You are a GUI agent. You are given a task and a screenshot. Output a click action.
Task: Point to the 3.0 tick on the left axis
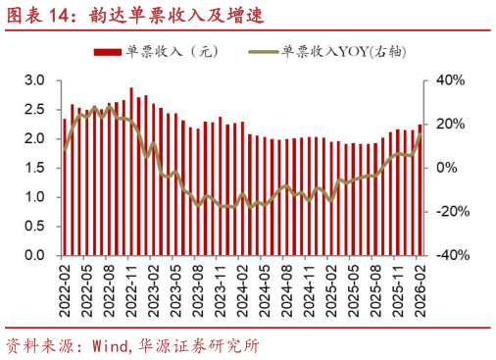click(x=35, y=79)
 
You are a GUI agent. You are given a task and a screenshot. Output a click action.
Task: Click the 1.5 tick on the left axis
click(x=35, y=168)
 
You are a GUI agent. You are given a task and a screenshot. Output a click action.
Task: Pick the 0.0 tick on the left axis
click(x=35, y=255)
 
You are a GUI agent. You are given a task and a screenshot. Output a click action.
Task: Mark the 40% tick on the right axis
click(x=448, y=79)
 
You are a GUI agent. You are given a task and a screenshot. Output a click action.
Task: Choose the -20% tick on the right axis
click(x=446, y=212)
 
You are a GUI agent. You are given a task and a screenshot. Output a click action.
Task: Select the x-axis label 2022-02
click(x=64, y=285)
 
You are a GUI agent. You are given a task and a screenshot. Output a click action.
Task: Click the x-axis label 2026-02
click(x=420, y=285)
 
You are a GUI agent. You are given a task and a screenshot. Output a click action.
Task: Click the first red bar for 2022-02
click(x=65, y=187)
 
